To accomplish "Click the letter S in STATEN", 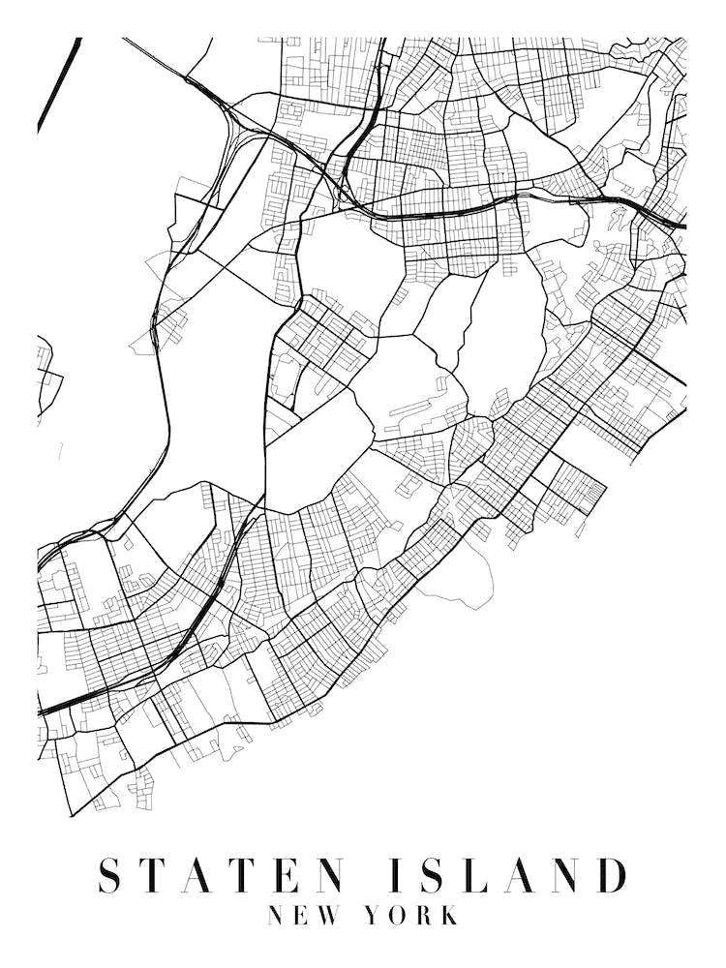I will click(x=113, y=875).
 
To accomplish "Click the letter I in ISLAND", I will click(x=399, y=875).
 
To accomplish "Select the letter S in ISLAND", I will click(x=437, y=875).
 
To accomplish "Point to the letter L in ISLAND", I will click(x=481, y=875).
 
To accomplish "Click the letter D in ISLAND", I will click(x=613, y=875).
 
